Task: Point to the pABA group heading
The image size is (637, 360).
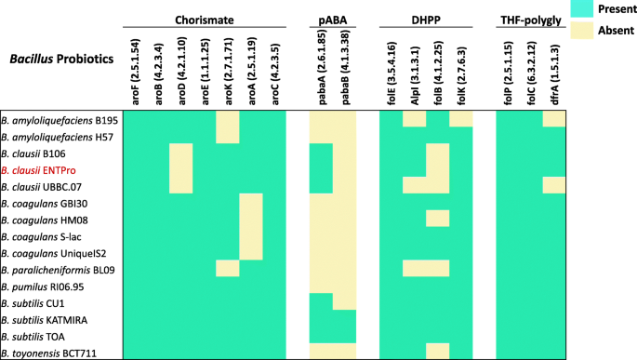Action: (x=332, y=20)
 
